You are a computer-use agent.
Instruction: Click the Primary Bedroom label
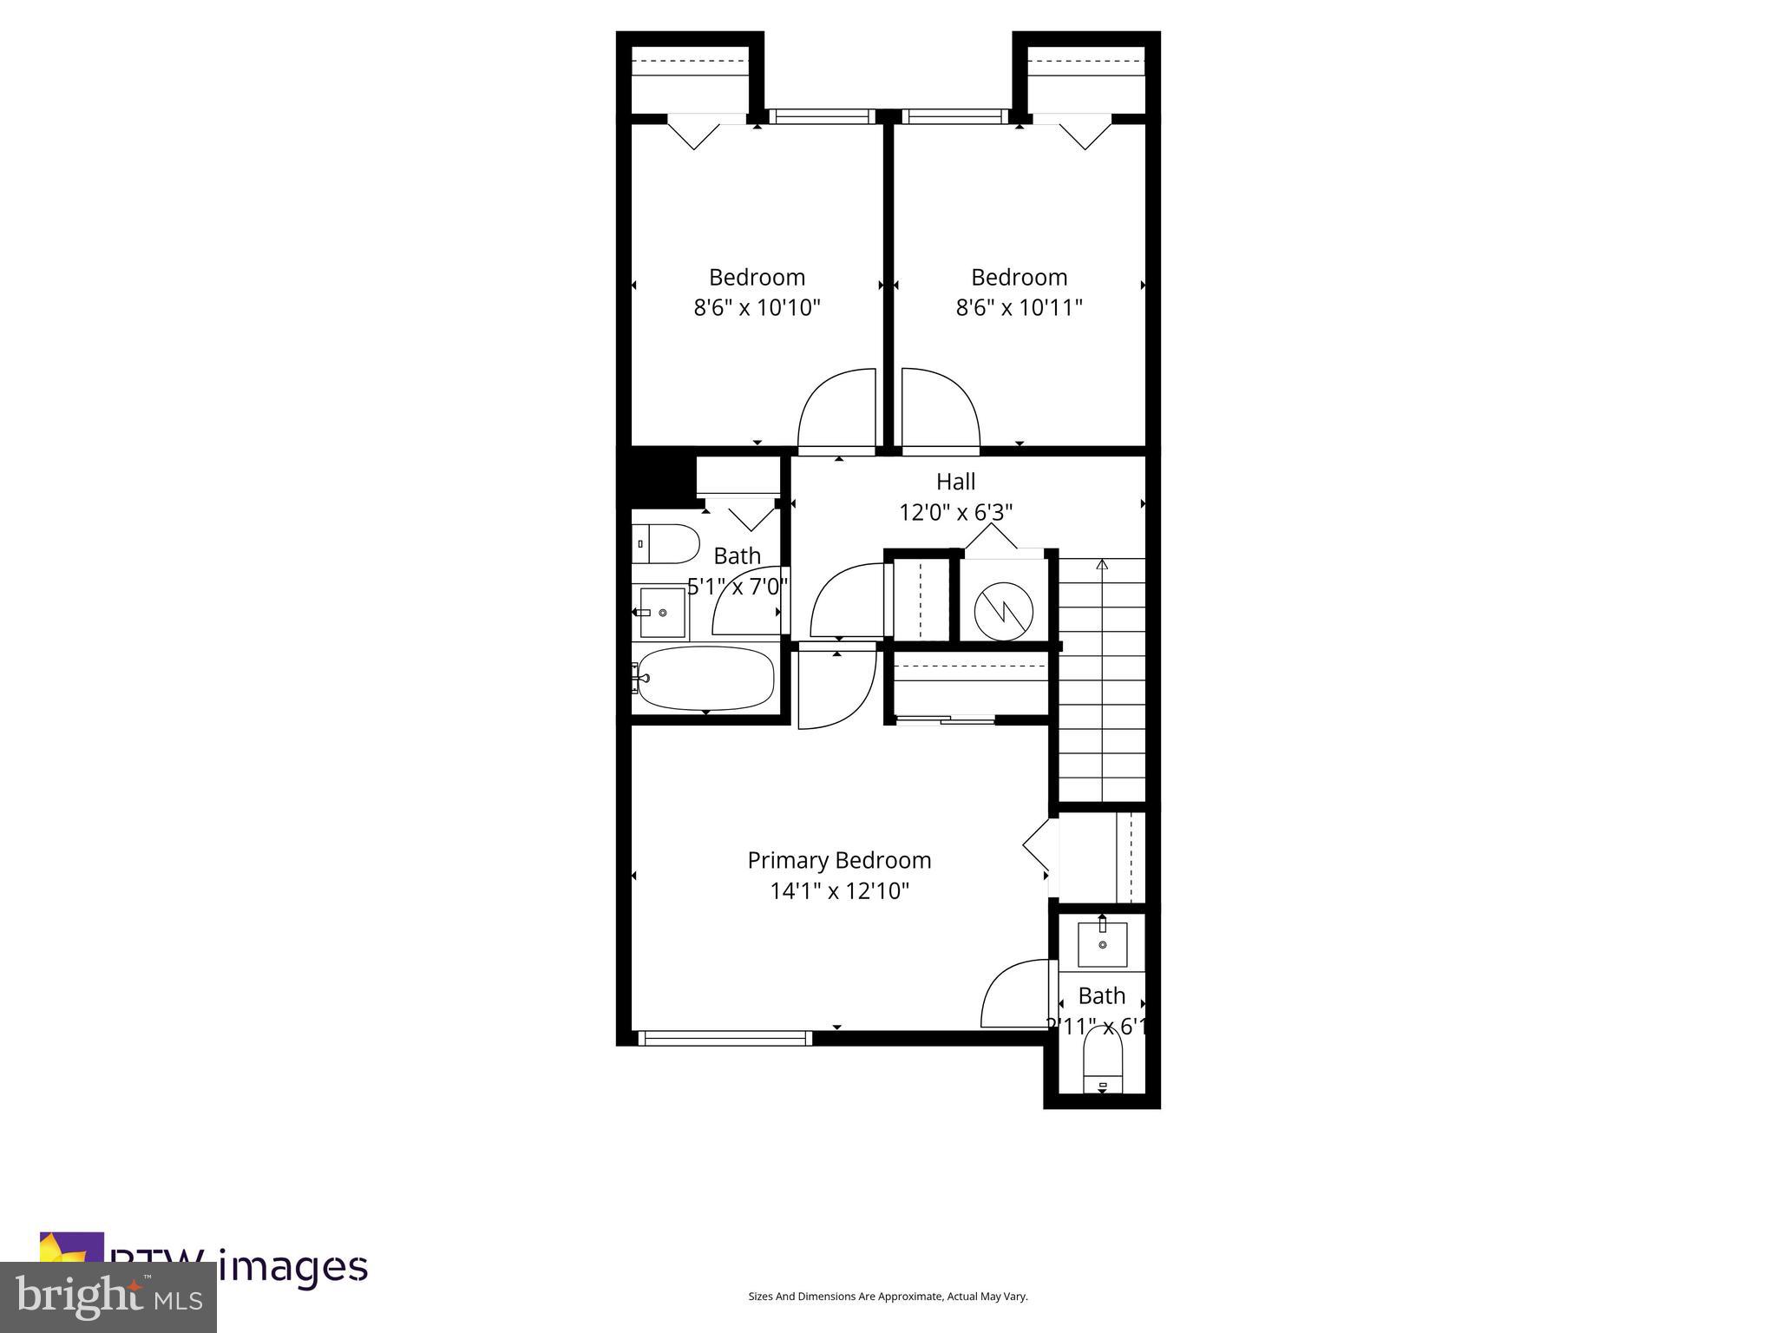pos(839,860)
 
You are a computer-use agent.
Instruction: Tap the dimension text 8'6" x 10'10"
pos(757,307)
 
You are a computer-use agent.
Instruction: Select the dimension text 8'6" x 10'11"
pos(1019,307)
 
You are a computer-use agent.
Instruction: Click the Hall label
pos(955,482)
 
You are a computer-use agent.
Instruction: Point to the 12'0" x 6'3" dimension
pos(955,512)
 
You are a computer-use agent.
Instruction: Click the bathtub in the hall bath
pos(705,678)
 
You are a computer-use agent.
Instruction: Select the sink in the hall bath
pos(662,613)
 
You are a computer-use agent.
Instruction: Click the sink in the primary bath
pos(1102,944)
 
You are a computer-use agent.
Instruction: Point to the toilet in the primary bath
pos(1103,1064)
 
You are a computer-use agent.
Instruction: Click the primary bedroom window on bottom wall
pos(725,1038)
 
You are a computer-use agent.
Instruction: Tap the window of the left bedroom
pos(820,116)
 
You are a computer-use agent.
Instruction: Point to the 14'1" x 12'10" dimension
pos(839,891)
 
